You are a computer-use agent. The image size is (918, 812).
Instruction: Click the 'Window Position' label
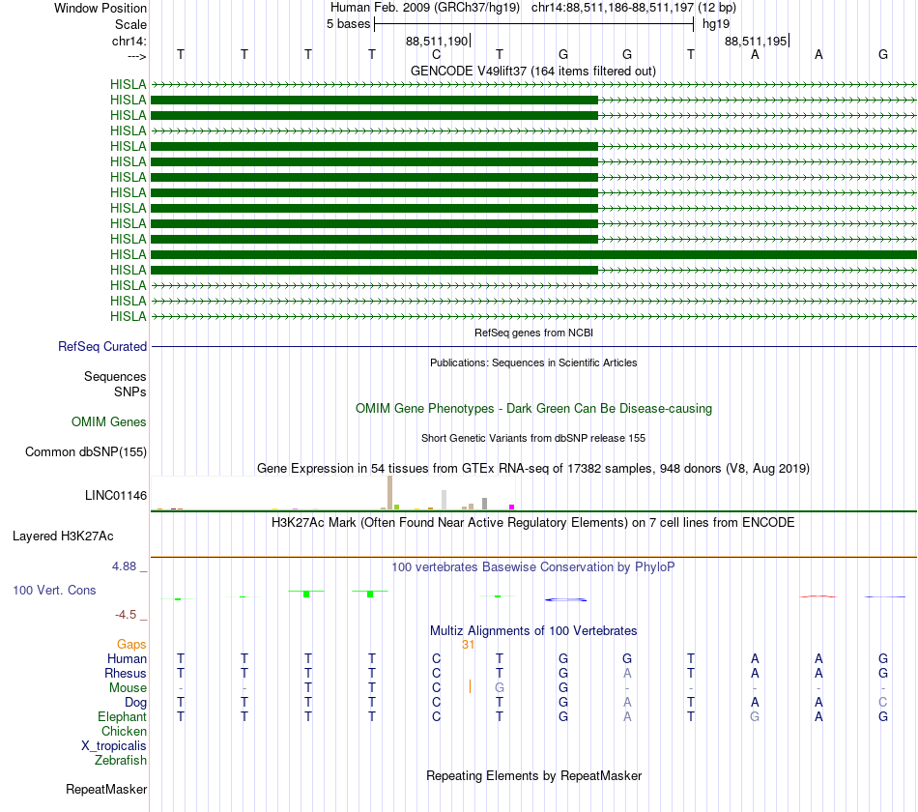tap(100, 8)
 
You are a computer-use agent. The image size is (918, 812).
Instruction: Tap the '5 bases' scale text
tap(348, 23)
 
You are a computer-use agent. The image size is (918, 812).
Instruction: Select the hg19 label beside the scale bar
tap(716, 23)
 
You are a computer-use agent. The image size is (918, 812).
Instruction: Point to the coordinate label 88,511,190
tap(437, 41)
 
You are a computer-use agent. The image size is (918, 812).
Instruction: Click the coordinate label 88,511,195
tap(756, 41)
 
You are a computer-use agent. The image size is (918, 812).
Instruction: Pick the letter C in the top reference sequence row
tap(436, 55)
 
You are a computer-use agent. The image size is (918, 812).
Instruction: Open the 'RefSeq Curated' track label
tap(102, 346)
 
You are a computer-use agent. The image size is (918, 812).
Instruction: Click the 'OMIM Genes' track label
tap(109, 421)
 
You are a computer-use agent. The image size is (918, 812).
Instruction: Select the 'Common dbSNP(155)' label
tap(86, 451)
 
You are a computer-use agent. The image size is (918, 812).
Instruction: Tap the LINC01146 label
tap(116, 496)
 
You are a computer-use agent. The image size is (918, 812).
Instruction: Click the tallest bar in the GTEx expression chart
tap(389, 492)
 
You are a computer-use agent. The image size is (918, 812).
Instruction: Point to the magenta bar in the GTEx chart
tap(511, 507)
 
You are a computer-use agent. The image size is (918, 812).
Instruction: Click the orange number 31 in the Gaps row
tap(468, 645)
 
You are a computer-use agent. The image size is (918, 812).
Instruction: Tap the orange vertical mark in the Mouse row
tap(470, 687)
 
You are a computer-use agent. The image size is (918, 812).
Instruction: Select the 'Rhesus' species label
tap(126, 673)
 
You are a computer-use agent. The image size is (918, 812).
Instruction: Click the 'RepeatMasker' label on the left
tap(106, 790)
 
